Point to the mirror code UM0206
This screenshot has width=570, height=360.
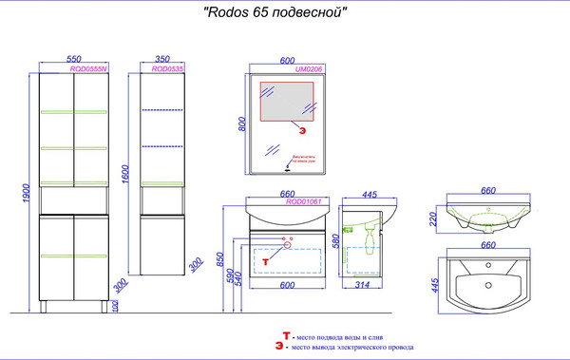tap(310, 68)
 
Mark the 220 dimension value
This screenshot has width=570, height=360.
tap(432, 219)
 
